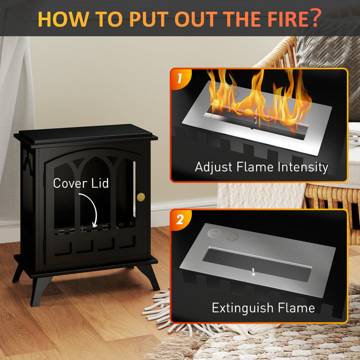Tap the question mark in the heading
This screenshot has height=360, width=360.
click(315, 17)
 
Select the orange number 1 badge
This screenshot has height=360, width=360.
click(180, 79)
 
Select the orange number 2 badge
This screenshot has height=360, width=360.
click(180, 219)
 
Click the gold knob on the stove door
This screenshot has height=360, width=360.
click(141, 197)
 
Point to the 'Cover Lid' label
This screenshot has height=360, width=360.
click(81, 183)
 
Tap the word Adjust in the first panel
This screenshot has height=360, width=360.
click(214, 167)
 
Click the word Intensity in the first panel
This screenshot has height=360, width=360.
click(303, 167)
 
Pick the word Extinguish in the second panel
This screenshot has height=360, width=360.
click(242, 308)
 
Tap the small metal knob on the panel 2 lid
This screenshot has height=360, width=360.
click(253, 270)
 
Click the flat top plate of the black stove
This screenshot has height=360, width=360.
click(85, 131)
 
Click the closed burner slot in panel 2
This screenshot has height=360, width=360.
click(257, 264)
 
